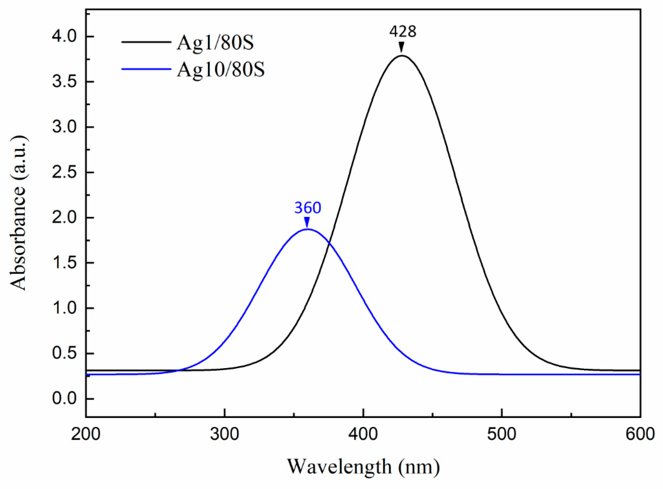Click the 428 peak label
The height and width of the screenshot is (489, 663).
(x=403, y=32)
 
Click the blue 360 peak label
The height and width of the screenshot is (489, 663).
(x=308, y=208)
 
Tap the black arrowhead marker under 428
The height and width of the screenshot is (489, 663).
(x=402, y=47)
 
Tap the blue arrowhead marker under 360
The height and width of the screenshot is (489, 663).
(x=307, y=222)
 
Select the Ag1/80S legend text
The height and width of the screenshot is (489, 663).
(x=215, y=43)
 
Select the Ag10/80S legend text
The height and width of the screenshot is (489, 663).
(x=221, y=70)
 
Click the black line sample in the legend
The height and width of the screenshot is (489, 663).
(x=146, y=42)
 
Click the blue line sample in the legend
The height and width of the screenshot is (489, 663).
(x=146, y=69)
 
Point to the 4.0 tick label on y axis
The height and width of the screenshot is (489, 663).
(x=64, y=36)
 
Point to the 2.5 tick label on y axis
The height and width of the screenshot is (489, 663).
(x=64, y=172)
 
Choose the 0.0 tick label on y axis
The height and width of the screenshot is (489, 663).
(x=64, y=398)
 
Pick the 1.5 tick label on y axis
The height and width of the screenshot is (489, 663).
(x=64, y=263)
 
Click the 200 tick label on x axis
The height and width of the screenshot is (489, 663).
(x=86, y=434)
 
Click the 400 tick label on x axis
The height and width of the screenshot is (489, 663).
(x=363, y=434)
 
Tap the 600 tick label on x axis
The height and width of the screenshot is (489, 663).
(x=640, y=434)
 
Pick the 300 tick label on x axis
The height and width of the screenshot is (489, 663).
(x=224, y=434)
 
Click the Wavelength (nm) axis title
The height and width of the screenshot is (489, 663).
(x=363, y=466)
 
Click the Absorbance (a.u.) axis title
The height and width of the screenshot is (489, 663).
(x=18, y=212)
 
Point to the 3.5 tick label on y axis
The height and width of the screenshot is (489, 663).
(x=64, y=82)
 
